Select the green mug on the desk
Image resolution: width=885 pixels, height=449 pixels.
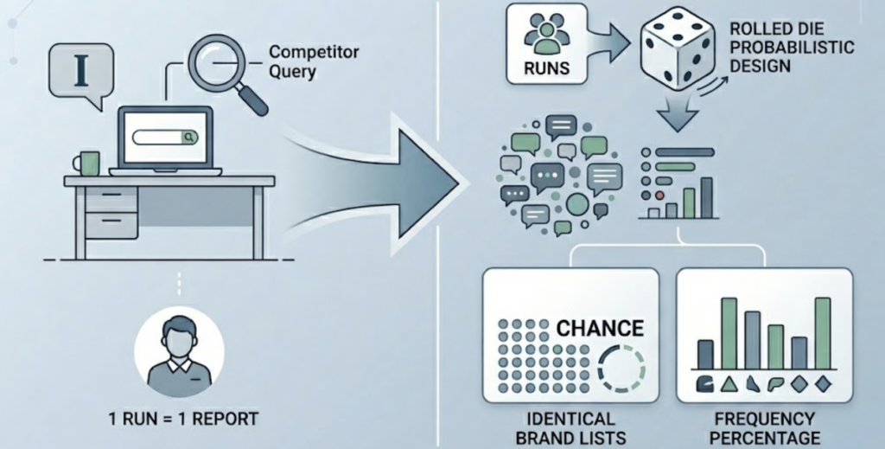(x=87, y=162)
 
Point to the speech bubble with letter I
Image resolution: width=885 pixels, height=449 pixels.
(x=80, y=71)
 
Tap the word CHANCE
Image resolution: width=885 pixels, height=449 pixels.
(x=601, y=328)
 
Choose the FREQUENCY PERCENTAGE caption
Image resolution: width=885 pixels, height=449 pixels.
(x=763, y=427)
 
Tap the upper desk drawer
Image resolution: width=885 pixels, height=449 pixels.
(x=110, y=199)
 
